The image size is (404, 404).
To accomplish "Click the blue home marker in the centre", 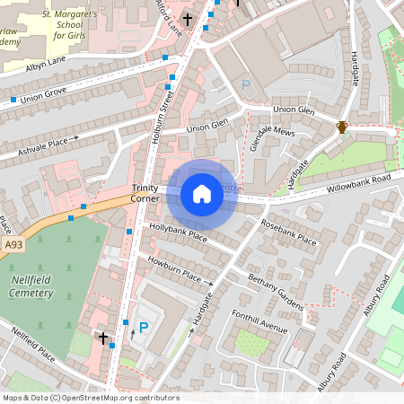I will (x=202, y=193).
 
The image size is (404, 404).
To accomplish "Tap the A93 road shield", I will (x=13, y=243).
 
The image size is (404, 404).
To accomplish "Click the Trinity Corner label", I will (x=145, y=192).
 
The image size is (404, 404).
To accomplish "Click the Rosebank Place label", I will (x=288, y=233).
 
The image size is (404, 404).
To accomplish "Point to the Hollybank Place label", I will (x=178, y=233).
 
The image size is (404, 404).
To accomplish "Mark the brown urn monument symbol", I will (x=342, y=127).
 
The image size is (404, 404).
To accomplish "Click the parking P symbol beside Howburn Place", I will (x=143, y=329).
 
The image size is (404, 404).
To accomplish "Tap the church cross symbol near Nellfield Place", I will (x=103, y=338).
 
